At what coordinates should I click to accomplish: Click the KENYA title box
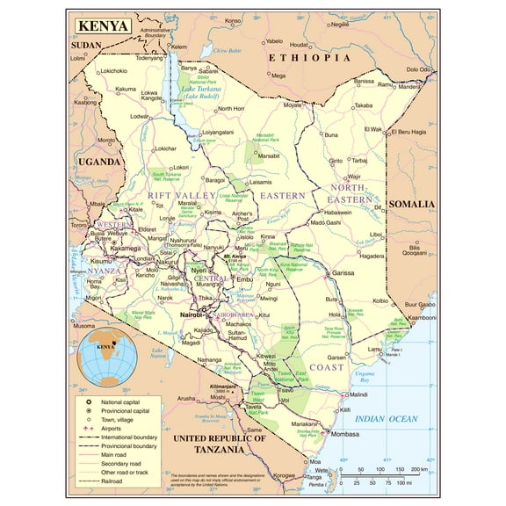pos(103,25)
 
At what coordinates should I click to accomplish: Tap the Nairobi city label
pos(191,314)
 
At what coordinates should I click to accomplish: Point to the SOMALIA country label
pos(411,204)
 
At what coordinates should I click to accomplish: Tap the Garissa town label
pos(343,273)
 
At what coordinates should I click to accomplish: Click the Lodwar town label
pos(141,116)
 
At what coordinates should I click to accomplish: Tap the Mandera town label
pos(409,87)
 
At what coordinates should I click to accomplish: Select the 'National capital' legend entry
pos(126,401)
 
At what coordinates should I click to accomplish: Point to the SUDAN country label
pos(87,43)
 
